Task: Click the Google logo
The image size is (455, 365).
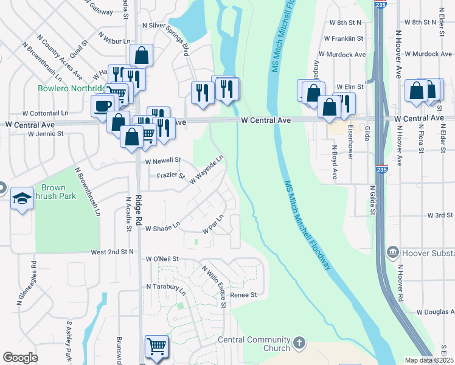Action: (x=20, y=358)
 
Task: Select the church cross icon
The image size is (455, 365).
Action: (x=298, y=342)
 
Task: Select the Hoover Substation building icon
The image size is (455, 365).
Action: (x=392, y=251)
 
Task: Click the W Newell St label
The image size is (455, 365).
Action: (x=163, y=161)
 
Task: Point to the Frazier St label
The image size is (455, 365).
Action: (x=170, y=175)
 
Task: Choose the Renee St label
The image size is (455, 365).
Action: (x=243, y=295)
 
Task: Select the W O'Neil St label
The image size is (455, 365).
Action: (x=162, y=259)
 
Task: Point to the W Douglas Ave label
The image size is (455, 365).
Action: (x=436, y=312)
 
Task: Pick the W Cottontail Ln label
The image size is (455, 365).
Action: (x=46, y=113)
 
